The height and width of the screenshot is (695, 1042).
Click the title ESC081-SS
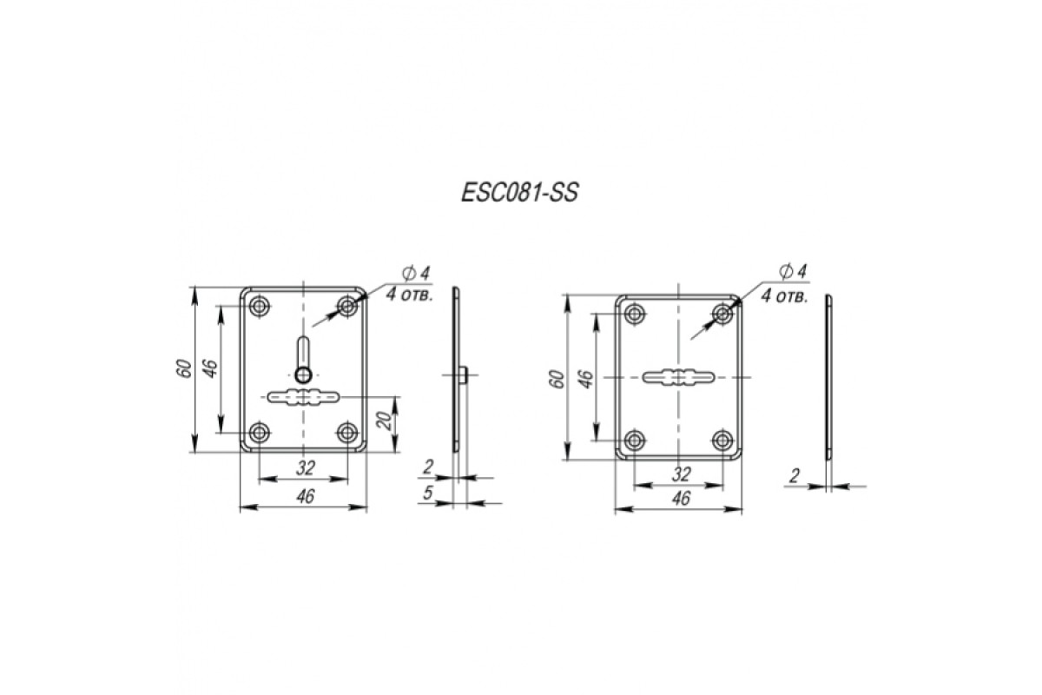[x=519, y=193]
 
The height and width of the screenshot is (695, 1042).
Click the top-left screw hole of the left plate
[x=259, y=307]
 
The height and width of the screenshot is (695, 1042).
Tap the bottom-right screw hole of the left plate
[x=347, y=433]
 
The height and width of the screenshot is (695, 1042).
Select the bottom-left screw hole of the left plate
[x=259, y=433]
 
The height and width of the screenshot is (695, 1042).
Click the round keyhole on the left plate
[x=303, y=374]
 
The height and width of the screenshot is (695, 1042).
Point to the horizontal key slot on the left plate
[x=303, y=397]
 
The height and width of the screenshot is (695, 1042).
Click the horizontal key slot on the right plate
[x=678, y=376]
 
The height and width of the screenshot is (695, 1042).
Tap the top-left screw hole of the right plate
[x=634, y=314]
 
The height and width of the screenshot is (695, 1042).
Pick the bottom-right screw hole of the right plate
[x=722, y=440]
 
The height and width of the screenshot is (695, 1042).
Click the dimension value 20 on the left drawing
[x=385, y=420]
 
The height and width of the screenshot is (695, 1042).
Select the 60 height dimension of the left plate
[x=185, y=368]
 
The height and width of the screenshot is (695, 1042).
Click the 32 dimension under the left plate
[x=305, y=468]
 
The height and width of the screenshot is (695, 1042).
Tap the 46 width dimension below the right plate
[x=681, y=499]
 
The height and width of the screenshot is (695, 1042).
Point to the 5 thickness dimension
[x=427, y=493]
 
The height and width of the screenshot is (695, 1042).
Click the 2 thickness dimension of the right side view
[x=795, y=476]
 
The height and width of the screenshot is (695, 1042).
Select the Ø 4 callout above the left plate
[x=416, y=274]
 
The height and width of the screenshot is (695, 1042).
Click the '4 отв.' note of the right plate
[x=784, y=296]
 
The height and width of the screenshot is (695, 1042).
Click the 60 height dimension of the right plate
[x=557, y=380]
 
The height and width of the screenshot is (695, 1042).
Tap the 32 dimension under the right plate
[x=681, y=474]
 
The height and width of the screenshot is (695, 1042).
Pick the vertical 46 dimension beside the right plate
[x=587, y=380]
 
